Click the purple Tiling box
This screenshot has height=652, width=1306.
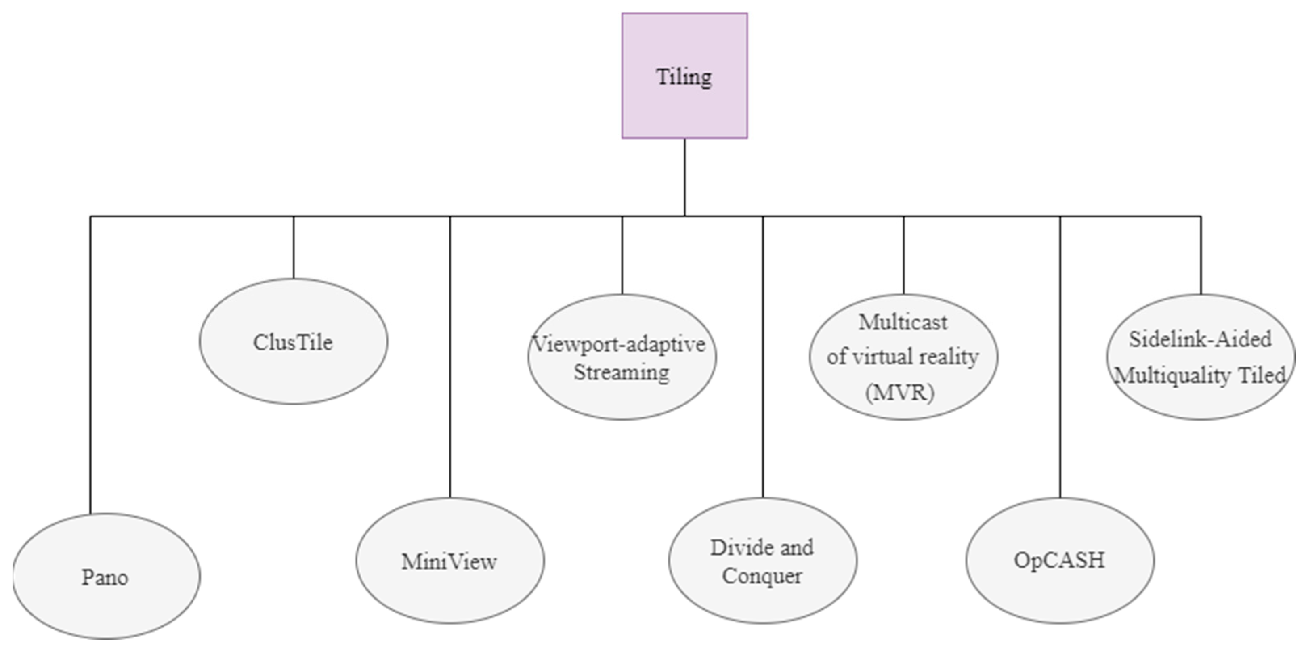point(684,75)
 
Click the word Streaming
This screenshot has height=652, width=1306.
point(622,373)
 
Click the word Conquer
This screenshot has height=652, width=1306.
point(762,576)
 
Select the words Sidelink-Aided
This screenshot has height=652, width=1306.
point(1200,339)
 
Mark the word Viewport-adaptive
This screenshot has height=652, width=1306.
point(619,345)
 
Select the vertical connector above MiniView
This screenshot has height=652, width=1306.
point(450,355)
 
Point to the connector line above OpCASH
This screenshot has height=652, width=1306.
point(1060,355)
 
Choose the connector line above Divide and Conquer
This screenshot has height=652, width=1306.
point(763,355)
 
